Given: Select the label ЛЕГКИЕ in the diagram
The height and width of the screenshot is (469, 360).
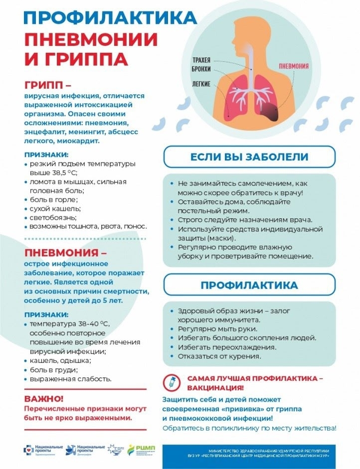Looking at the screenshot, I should point(202,83).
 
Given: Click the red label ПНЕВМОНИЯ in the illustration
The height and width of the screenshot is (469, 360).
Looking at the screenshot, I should point(293,65).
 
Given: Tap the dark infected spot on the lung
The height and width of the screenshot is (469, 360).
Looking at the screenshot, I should point(270,113).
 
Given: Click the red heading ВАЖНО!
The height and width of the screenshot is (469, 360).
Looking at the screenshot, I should point(44,399).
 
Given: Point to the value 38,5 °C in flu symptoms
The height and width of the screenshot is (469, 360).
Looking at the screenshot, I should point(59,172).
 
